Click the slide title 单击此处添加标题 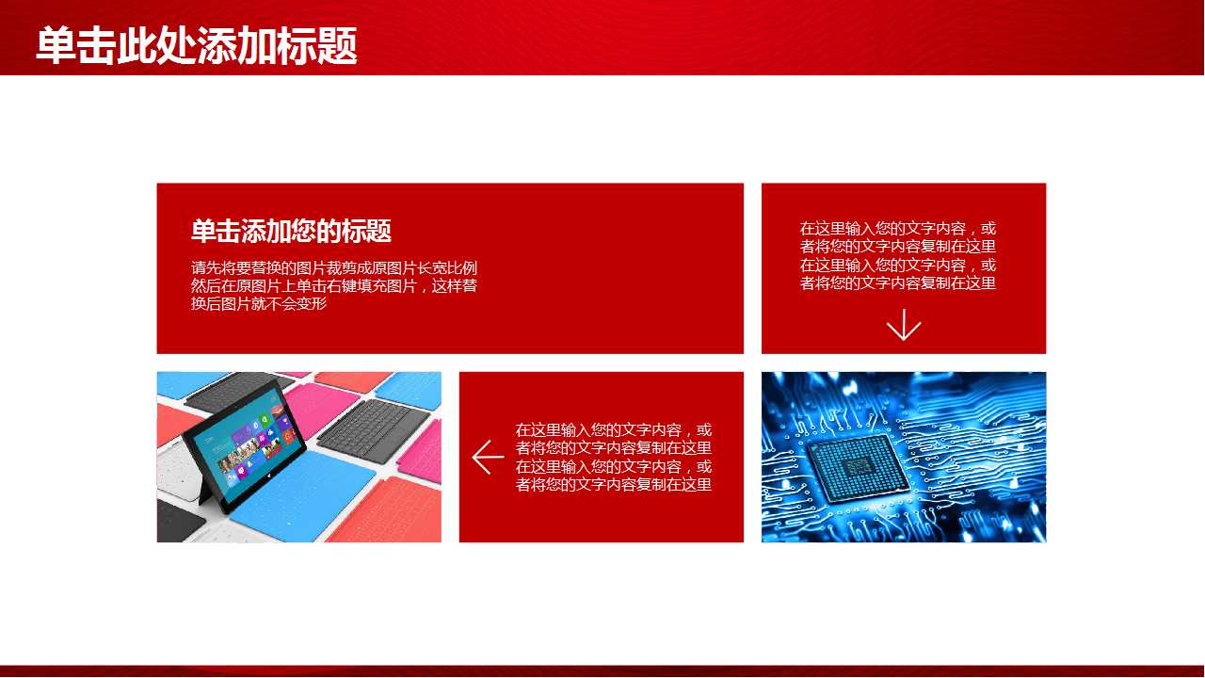196,45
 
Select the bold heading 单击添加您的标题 291,231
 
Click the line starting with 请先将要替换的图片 333,267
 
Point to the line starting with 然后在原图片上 333,285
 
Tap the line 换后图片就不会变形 259,303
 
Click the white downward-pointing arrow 903,324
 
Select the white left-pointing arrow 488,457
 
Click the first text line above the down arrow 897,229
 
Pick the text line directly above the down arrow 897,282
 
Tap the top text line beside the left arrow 613,430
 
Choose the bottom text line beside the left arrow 613,485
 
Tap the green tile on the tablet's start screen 265,418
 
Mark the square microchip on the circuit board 858,465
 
